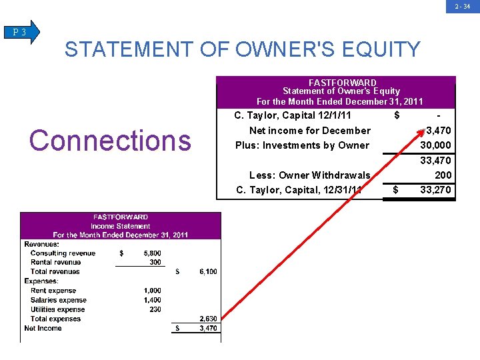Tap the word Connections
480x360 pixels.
[110, 141]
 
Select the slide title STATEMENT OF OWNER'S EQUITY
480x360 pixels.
[243, 49]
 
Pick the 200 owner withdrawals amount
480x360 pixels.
[443, 175]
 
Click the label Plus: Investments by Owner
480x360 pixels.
[302, 145]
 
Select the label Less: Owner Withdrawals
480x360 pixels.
[309, 175]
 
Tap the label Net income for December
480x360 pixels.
[309, 131]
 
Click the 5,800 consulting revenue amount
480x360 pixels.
[152, 253]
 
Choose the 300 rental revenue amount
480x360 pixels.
[155, 262]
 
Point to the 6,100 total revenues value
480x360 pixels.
[208, 271]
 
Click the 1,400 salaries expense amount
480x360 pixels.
[152, 300]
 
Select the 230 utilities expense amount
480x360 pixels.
[155, 309]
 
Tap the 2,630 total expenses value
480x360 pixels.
[208, 319]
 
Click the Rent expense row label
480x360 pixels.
[53, 291]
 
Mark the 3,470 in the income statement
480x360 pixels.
[208, 328]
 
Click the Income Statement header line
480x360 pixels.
[121, 226]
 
